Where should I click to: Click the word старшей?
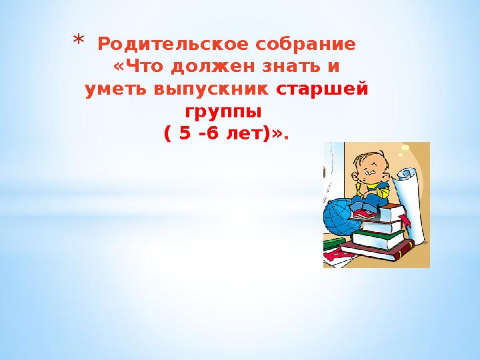click(322, 89)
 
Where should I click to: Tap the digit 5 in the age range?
click(181, 133)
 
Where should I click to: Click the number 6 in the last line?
click(212, 133)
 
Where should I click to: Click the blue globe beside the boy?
click(341, 217)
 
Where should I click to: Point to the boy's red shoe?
click(365, 213)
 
